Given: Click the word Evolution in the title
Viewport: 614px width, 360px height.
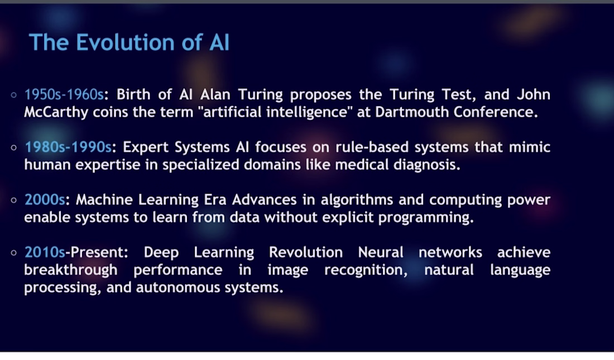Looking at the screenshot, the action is point(125,42).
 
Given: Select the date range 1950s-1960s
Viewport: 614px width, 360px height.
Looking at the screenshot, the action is point(64,94).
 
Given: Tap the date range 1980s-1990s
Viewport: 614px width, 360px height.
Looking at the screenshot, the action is point(68,147).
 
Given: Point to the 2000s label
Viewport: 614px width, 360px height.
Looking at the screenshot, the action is point(45,199).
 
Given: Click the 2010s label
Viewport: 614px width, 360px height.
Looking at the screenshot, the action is point(45,252).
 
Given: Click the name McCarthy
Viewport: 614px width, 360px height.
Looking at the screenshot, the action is point(56,113).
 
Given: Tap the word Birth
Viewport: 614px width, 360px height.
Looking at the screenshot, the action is point(133,94).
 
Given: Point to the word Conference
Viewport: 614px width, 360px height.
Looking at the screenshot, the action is point(496,112).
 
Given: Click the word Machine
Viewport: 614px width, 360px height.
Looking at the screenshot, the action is point(104,199).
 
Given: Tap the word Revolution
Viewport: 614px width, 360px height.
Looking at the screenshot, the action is point(306,252).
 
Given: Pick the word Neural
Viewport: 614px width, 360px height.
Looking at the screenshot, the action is point(381,252).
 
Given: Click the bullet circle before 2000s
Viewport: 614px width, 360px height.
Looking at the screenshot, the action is point(14,200).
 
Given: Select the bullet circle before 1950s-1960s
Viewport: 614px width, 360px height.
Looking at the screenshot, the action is point(14,95).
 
